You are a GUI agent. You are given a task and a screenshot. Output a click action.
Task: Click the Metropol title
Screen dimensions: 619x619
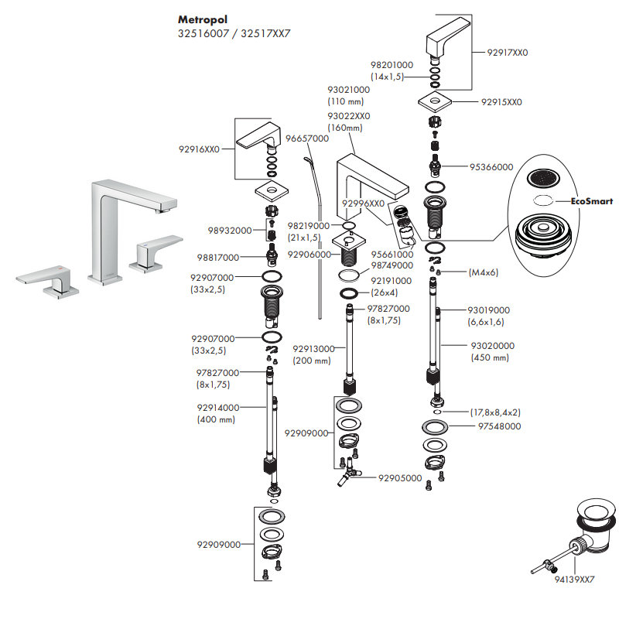(203, 19)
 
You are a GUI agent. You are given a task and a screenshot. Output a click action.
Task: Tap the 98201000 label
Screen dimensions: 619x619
(392, 65)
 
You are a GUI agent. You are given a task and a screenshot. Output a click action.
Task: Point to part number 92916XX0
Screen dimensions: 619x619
(200, 149)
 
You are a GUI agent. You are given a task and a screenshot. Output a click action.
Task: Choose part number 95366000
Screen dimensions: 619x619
(492, 166)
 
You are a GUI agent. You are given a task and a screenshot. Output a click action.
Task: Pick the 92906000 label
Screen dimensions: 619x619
(309, 254)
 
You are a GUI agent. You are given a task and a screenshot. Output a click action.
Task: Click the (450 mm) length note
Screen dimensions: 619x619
(490, 357)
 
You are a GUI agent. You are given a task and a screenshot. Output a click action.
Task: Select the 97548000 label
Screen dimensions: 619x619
(499, 426)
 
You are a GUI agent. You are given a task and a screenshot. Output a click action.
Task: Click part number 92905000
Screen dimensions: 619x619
(399, 478)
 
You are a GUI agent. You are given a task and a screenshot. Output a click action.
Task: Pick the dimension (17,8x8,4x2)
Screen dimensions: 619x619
(495, 412)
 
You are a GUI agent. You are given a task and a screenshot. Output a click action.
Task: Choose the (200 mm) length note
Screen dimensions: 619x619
(311, 361)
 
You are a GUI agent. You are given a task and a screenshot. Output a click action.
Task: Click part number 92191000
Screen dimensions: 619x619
(392, 281)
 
